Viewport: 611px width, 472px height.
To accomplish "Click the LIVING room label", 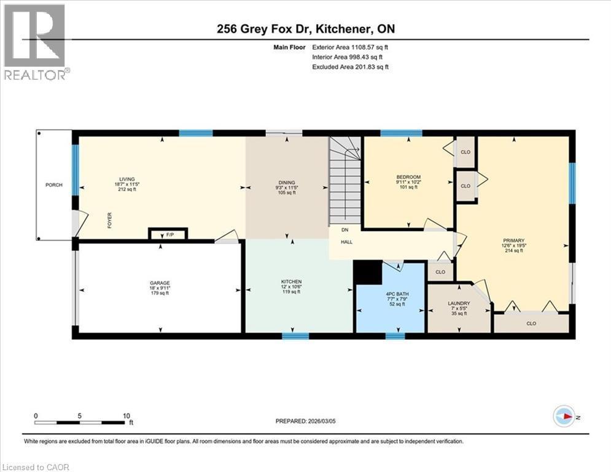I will pyautogui.click(x=127, y=179).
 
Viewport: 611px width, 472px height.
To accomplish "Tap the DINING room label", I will pyautogui.click(x=287, y=183).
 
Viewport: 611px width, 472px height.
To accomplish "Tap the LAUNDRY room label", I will pyautogui.click(x=459, y=304).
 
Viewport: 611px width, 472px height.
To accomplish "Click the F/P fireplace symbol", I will pyautogui.click(x=168, y=234).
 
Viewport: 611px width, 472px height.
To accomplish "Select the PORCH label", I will pyautogui.click(x=54, y=185).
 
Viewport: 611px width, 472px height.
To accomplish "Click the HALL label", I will pyautogui.click(x=347, y=242).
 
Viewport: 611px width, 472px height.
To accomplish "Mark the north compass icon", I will pyautogui.click(x=564, y=417).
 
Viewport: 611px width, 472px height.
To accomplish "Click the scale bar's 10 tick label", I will pyautogui.click(x=126, y=415).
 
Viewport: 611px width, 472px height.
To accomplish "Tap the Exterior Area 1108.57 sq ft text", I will pyautogui.click(x=350, y=46).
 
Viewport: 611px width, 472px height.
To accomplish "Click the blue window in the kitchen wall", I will pyautogui.click(x=295, y=336).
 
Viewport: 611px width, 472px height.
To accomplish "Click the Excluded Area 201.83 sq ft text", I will pyautogui.click(x=350, y=67).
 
